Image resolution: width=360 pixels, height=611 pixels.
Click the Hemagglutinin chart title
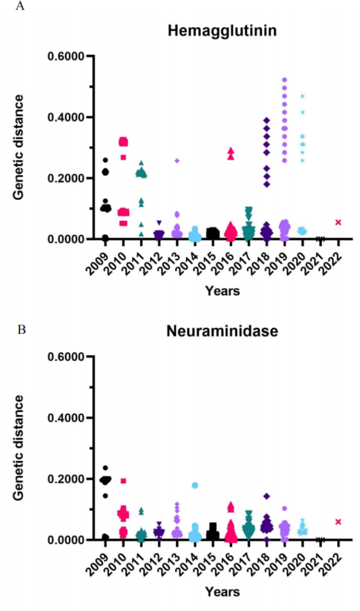(x=222, y=31)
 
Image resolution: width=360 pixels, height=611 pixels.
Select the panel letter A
(x=21, y=6)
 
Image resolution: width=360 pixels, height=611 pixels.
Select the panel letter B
(x=21, y=330)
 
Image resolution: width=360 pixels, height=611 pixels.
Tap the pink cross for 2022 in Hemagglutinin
(x=338, y=222)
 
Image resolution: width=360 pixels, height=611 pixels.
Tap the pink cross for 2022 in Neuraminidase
(x=338, y=522)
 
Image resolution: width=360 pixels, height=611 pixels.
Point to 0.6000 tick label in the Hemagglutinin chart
(x=66, y=56)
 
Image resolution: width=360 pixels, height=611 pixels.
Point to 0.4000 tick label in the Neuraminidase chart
(x=66, y=418)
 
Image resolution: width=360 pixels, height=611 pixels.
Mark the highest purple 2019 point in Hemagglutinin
(x=284, y=80)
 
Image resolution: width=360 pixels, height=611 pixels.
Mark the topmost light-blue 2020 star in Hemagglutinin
(x=302, y=96)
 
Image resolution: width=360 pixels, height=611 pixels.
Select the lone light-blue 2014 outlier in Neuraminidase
(x=195, y=485)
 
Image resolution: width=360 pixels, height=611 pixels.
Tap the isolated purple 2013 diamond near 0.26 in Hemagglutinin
(x=177, y=160)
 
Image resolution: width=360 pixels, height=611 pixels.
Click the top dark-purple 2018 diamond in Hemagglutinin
(x=266, y=120)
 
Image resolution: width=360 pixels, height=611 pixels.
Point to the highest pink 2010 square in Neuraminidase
(x=123, y=481)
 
